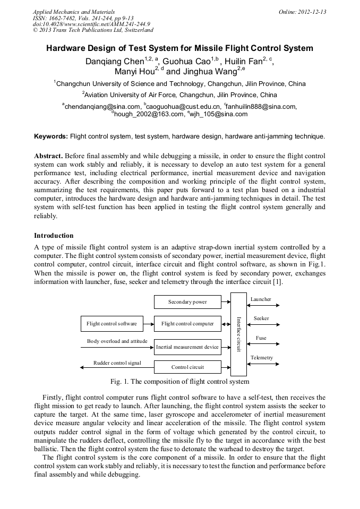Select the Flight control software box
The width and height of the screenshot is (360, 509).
(x=112, y=323)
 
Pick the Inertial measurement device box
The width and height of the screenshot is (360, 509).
(x=187, y=347)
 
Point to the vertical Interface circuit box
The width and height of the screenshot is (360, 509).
(x=239, y=333)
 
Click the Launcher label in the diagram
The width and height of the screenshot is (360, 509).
(x=261, y=299)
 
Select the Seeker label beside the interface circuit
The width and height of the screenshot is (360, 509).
(x=261, y=318)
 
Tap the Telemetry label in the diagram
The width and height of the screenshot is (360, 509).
(x=262, y=358)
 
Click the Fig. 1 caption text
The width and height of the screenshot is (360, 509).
(x=179, y=381)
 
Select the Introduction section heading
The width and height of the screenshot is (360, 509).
(x=54, y=235)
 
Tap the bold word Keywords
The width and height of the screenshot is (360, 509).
(x=50, y=136)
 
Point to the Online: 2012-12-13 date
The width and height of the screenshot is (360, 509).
(x=302, y=12)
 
